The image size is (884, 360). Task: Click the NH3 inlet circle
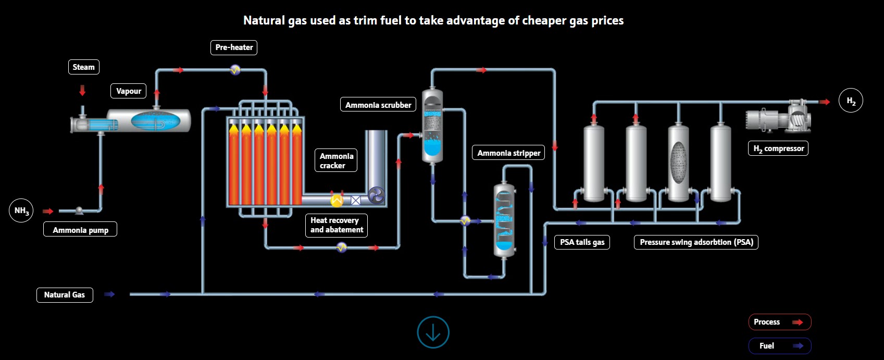coord(21,210)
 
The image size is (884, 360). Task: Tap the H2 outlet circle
coord(851,100)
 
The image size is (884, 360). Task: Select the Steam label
coord(84,67)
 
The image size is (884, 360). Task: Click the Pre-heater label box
coord(234,47)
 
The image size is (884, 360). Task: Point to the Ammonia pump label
coord(80,229)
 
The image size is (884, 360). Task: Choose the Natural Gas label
coord(65,295)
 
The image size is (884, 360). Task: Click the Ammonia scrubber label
coord(378,105)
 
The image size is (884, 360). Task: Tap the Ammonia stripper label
coord(508,153)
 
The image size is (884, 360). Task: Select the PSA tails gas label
coord(582,242)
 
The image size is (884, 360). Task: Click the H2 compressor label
coord(778,148)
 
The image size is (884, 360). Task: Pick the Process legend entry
coord(780,322)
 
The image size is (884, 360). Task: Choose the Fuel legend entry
coord(780,346)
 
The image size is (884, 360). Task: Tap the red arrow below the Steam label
coord(82,91)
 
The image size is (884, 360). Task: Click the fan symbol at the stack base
coord(376,195)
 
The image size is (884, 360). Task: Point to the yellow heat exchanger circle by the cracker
coord(337,200)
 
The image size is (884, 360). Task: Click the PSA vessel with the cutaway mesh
coord(678,162)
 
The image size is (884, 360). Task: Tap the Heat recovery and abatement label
coord(336,226)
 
